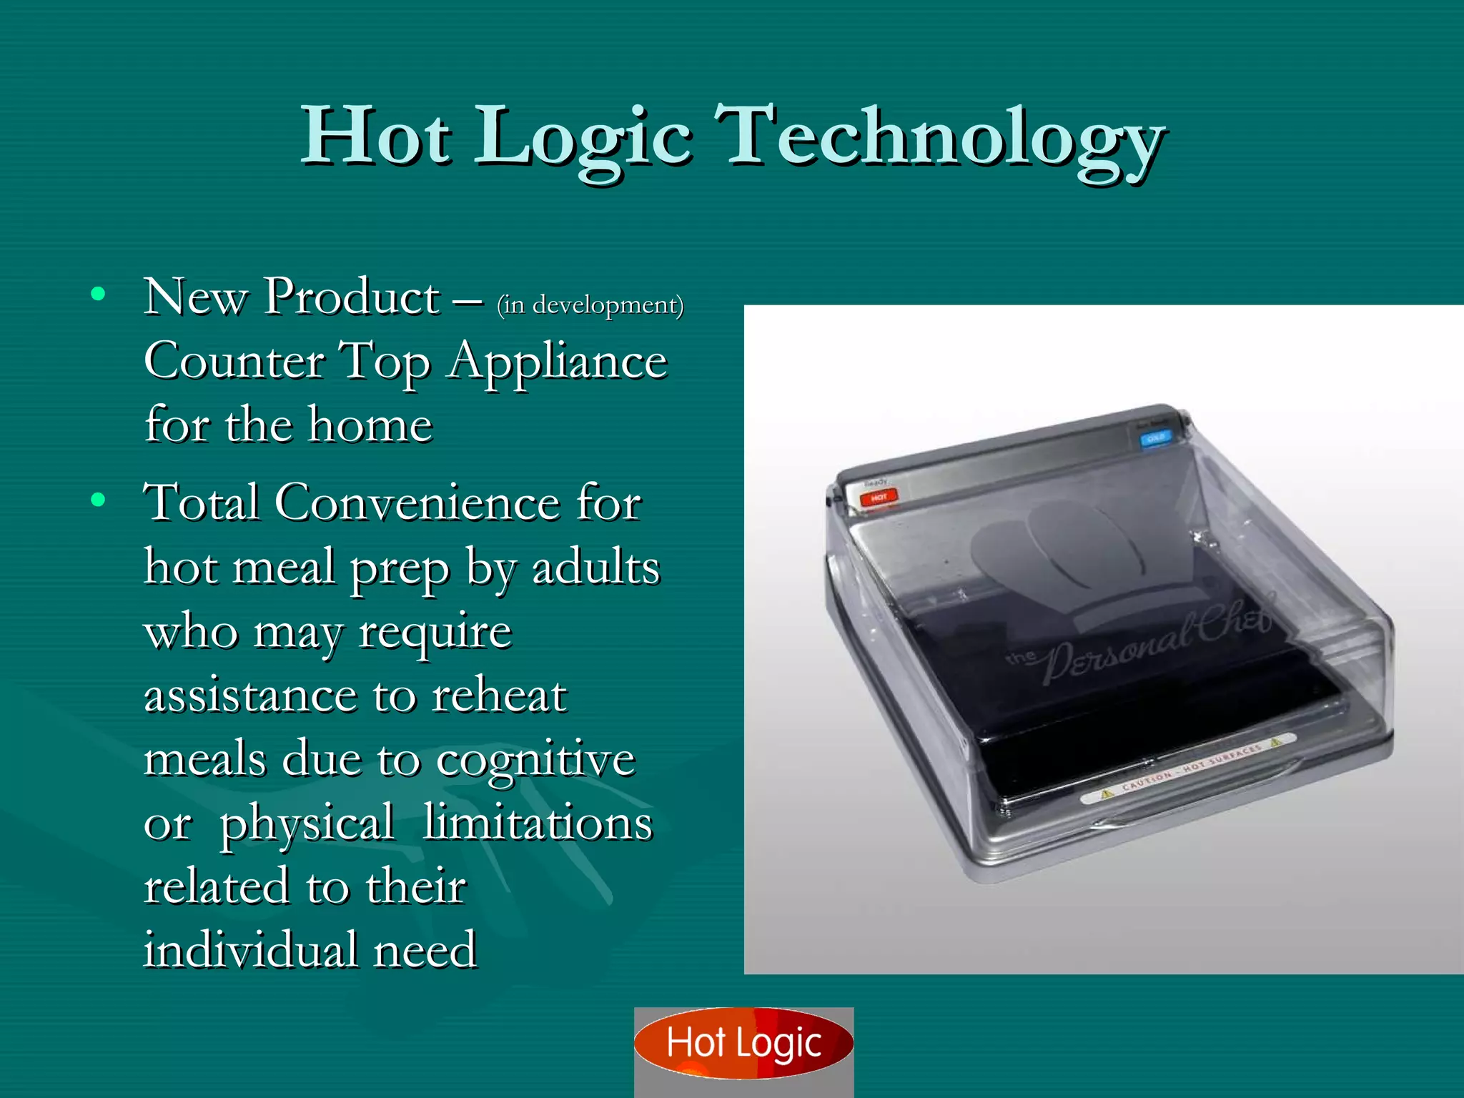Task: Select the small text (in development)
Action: tap(590, 305)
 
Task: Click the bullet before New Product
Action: tap(99, 294)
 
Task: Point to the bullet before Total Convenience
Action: tap(99, 500)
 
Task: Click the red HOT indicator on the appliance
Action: tap(879, 497)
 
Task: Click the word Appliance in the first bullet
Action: tap(558, 361)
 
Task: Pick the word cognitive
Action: tap(535, 759)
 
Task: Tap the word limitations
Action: tap(538, 823)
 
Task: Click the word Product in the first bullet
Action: tap(352, 296)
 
